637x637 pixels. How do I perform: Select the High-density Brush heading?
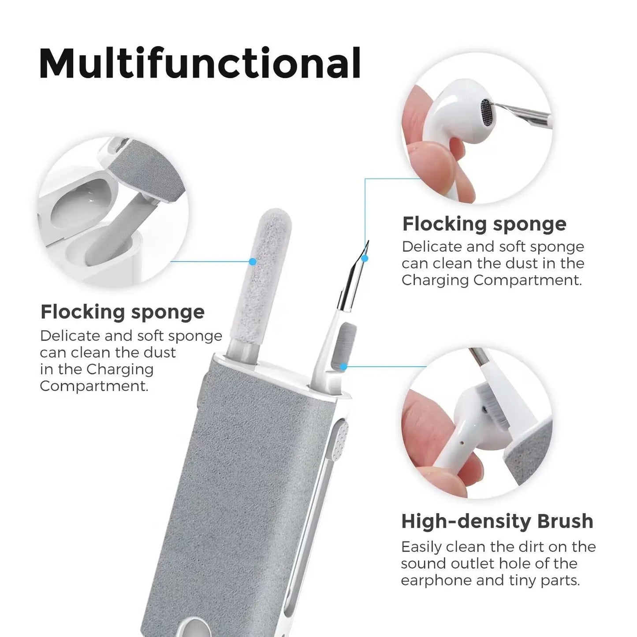[x=497, y=521]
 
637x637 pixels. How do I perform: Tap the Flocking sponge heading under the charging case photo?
[x=123, y=312]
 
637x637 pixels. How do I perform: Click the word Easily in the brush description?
[x=421, y=547]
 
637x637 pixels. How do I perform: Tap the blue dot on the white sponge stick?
[x=253, y=261]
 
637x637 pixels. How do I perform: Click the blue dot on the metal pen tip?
[x=365, y=258]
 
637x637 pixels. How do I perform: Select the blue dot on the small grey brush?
[x=343, y=366]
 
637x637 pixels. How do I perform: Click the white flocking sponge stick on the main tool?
[x=270, y=282]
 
